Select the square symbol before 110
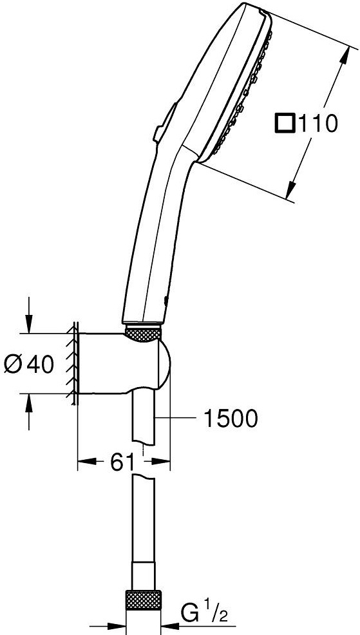point(285,122)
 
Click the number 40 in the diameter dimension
point(39,365)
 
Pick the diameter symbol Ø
point(14,365)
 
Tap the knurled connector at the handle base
point(143,333)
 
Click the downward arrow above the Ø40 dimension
point(28,325)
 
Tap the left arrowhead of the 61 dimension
point(82,461)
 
